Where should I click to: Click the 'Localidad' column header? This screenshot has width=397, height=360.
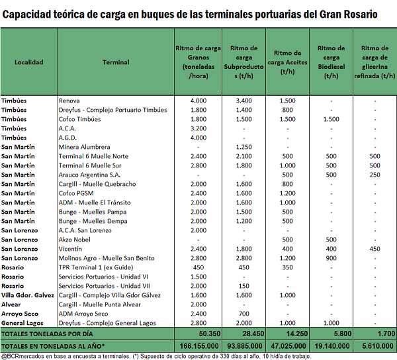(28, 62)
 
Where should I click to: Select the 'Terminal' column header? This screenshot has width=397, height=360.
(116, 62)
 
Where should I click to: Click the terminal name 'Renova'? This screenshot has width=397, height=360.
(69, 101)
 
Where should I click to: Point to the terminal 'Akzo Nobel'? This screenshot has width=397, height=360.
(75, 239)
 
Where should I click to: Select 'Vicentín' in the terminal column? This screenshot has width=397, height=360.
(71, 248)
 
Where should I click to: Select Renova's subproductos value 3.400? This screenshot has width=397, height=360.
(243, 101)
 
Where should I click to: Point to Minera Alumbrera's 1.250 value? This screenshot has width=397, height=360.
(243, 147)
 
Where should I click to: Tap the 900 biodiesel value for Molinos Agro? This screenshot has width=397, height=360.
(331, 257)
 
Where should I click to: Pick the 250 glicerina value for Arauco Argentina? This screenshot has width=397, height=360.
(375, 175)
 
